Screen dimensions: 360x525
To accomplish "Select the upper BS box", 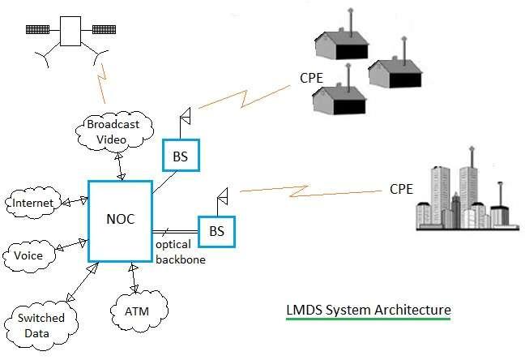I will point(180,156).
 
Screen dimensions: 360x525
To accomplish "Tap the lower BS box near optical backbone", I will point(216,231).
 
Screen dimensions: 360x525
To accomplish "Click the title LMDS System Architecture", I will point(368,310).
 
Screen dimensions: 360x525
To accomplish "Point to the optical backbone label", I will point(181,252).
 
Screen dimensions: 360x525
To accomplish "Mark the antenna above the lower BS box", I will point(222,196).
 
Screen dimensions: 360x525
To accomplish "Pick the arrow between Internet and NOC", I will point(72,201).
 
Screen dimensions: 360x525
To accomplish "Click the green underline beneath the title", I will point(368,320).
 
